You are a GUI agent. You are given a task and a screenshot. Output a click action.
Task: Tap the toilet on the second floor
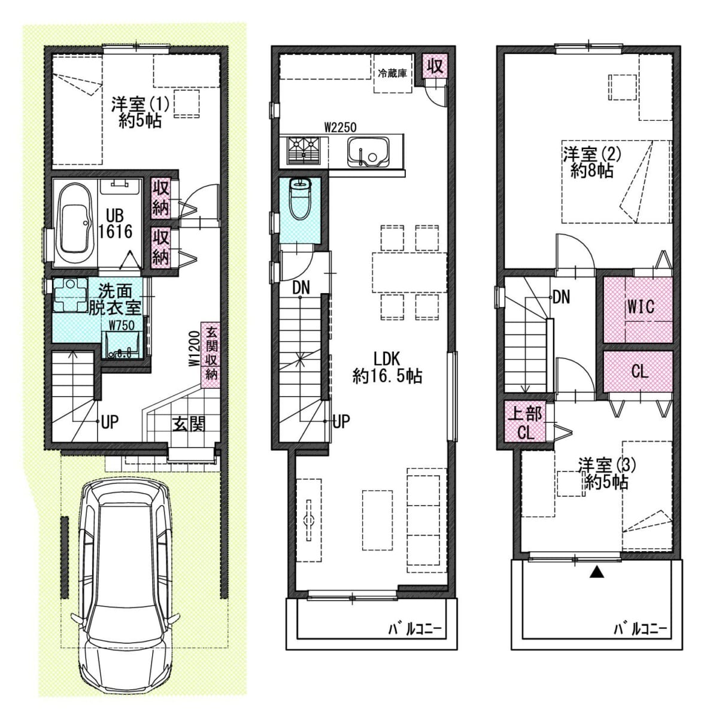pyautogui.click(x=301, y=199)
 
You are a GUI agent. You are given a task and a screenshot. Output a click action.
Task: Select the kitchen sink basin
pyautogui.click(x=368, y=151)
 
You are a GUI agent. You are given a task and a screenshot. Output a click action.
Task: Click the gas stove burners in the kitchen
pyautogui.click(x=304, y=150)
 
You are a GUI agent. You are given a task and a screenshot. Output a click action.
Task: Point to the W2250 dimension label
pyautogui.click(x=340, y=128)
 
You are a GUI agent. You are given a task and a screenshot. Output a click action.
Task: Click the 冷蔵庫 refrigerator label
pyautogui.click(x=392, y=73)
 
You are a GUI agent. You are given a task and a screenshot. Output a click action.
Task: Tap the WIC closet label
pyautogui.click(x=641, y=307)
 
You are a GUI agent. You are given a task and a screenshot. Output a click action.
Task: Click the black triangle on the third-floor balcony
pyautogui.click(x=597, y=572)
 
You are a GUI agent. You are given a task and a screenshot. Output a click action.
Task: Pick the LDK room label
pyautogui.click(x=387, y=359)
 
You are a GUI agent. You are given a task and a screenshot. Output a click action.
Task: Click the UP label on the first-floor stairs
pyautogui.click(x=110, y=422)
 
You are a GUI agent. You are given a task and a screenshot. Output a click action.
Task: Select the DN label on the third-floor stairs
pyautogui.click(x=561, y=297)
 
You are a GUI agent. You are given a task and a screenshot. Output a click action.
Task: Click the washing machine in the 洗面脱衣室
pyautogui.click(x=71, y=295)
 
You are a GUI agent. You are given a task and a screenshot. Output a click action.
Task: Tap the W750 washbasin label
pyautogui.click(x=122, y=325)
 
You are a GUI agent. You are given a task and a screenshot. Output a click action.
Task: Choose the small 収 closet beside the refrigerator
pyautogui.click(x=435, y=66)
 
